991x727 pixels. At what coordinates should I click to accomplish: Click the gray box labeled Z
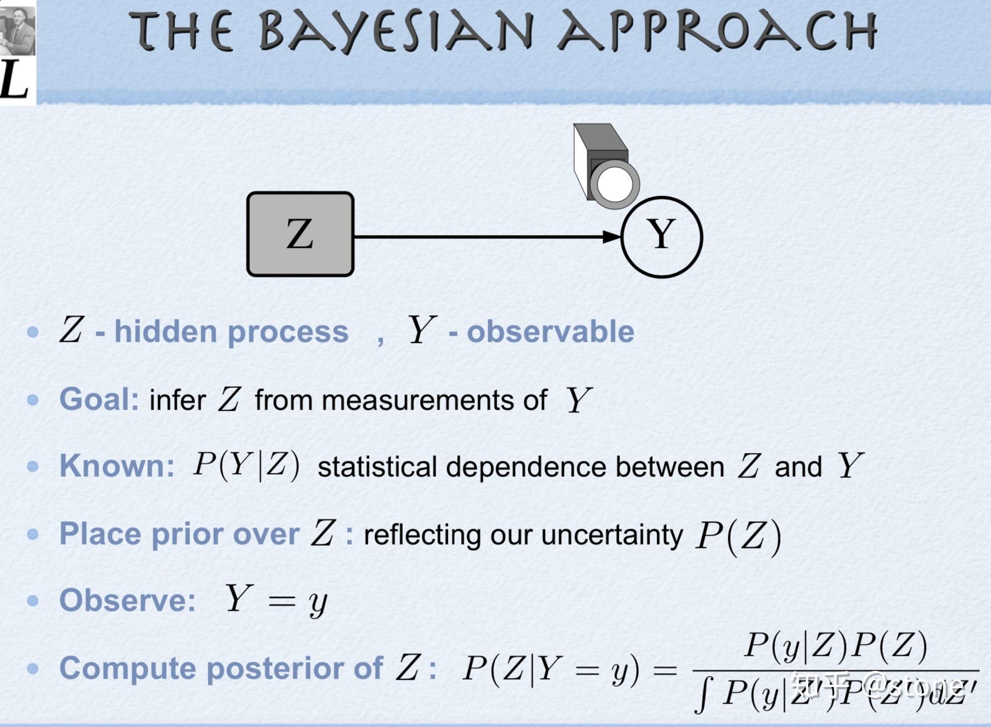coord(300,234)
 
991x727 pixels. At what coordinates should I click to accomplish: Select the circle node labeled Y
coord(661,237)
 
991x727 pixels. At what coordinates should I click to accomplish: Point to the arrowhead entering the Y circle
coord(612,237)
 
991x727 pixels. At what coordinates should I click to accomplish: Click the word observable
coord(550,332)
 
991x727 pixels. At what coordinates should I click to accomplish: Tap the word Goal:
coord(99,399)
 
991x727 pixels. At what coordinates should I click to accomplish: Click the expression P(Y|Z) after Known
coord(246,465)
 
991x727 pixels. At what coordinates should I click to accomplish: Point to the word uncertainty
coord(612,535)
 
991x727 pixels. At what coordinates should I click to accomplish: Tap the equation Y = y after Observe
coord(276,600)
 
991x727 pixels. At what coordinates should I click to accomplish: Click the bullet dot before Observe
coord(33,601)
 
